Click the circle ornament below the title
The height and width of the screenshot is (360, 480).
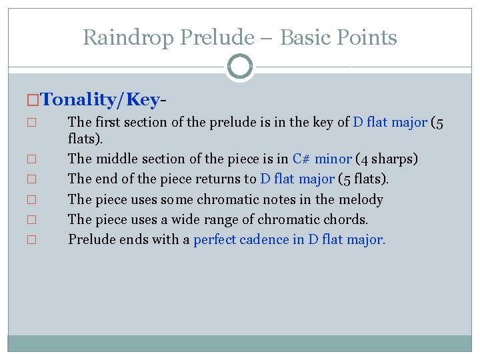240,67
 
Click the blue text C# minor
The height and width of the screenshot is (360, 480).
322,159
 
